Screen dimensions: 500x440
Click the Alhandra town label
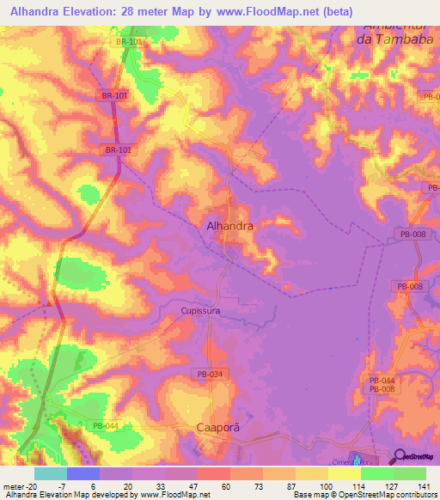(230, 226)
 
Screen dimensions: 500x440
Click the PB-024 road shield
(208, 374)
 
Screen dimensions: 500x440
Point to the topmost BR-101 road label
(128, 40)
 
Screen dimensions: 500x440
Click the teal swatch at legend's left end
(50, 473)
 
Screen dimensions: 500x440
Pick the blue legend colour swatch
(82, 473)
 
